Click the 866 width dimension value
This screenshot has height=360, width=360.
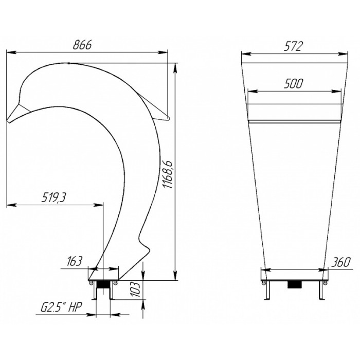[x=82, y=45]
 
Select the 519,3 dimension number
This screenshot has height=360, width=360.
[x=53, y=197]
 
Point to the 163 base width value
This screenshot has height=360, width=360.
[x=75, y=261]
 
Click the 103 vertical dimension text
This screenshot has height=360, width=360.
[x=136, y=290]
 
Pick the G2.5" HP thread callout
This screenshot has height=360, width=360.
[x=61, y=307]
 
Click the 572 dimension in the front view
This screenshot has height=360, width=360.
[x=294, y=46]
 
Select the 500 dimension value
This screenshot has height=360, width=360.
[x=294, y=83]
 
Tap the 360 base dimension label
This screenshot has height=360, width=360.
[x=340, y=262]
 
